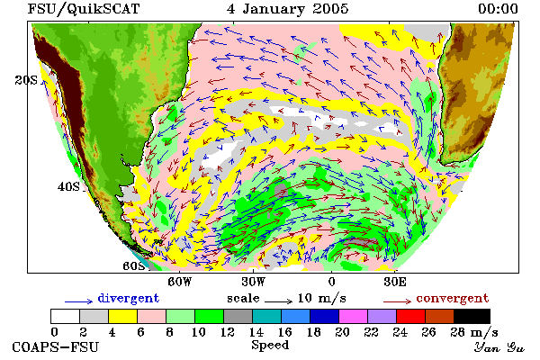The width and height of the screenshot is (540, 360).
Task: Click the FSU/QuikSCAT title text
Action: coord(84,9)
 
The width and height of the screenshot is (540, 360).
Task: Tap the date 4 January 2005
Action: coord(288,9)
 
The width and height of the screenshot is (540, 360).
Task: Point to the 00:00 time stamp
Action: coord(498,9)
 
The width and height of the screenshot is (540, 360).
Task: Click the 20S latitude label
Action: coord(26,80)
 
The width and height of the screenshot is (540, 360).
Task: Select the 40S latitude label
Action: coord(68,186)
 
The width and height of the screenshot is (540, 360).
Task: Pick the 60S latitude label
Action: coord(133,266)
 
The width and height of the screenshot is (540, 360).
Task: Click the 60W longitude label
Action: coord(179,282)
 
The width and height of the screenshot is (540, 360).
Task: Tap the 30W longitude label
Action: coord(253,282)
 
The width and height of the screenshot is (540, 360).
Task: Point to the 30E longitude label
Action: coord(395,282)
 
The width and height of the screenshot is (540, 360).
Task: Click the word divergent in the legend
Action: coord(129,298)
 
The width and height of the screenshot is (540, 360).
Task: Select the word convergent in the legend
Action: coord(453,298)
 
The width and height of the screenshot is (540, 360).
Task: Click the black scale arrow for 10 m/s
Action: coord(279,301)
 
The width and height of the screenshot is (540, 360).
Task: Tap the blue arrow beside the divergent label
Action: coord(79,301)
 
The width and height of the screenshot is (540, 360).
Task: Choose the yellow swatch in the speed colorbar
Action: coord(122,316)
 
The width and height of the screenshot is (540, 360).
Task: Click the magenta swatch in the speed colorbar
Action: coord(353,316)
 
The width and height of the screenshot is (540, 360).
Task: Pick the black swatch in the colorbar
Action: coord(472,316)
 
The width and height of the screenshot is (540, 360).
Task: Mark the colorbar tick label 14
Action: coord(256,332)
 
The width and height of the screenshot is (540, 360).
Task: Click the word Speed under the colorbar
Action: coord(270,346)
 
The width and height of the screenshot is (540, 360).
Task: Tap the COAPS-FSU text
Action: coord(56,347)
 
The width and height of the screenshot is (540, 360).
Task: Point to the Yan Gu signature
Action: coord(499,347)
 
